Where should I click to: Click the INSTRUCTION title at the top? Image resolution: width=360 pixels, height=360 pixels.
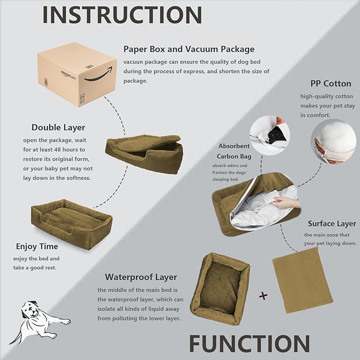[x=122, y=15]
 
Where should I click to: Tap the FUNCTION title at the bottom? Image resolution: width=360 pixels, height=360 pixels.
[x=249, y=343]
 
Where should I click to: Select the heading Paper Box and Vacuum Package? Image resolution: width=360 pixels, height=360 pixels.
[x=189, y=49]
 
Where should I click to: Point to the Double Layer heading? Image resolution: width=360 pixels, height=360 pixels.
[x=58, y=127]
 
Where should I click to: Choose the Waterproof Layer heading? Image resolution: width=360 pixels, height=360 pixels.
[x=141, y=277]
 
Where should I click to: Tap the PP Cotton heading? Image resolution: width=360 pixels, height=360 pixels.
[x=330, y=84]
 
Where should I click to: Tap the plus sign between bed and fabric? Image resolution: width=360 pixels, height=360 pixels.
[x=262, y=296]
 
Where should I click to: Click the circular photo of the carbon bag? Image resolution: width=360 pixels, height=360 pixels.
[x=270, y=136]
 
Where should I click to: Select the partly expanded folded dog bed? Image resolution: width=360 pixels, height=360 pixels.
[x=144, y=152]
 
